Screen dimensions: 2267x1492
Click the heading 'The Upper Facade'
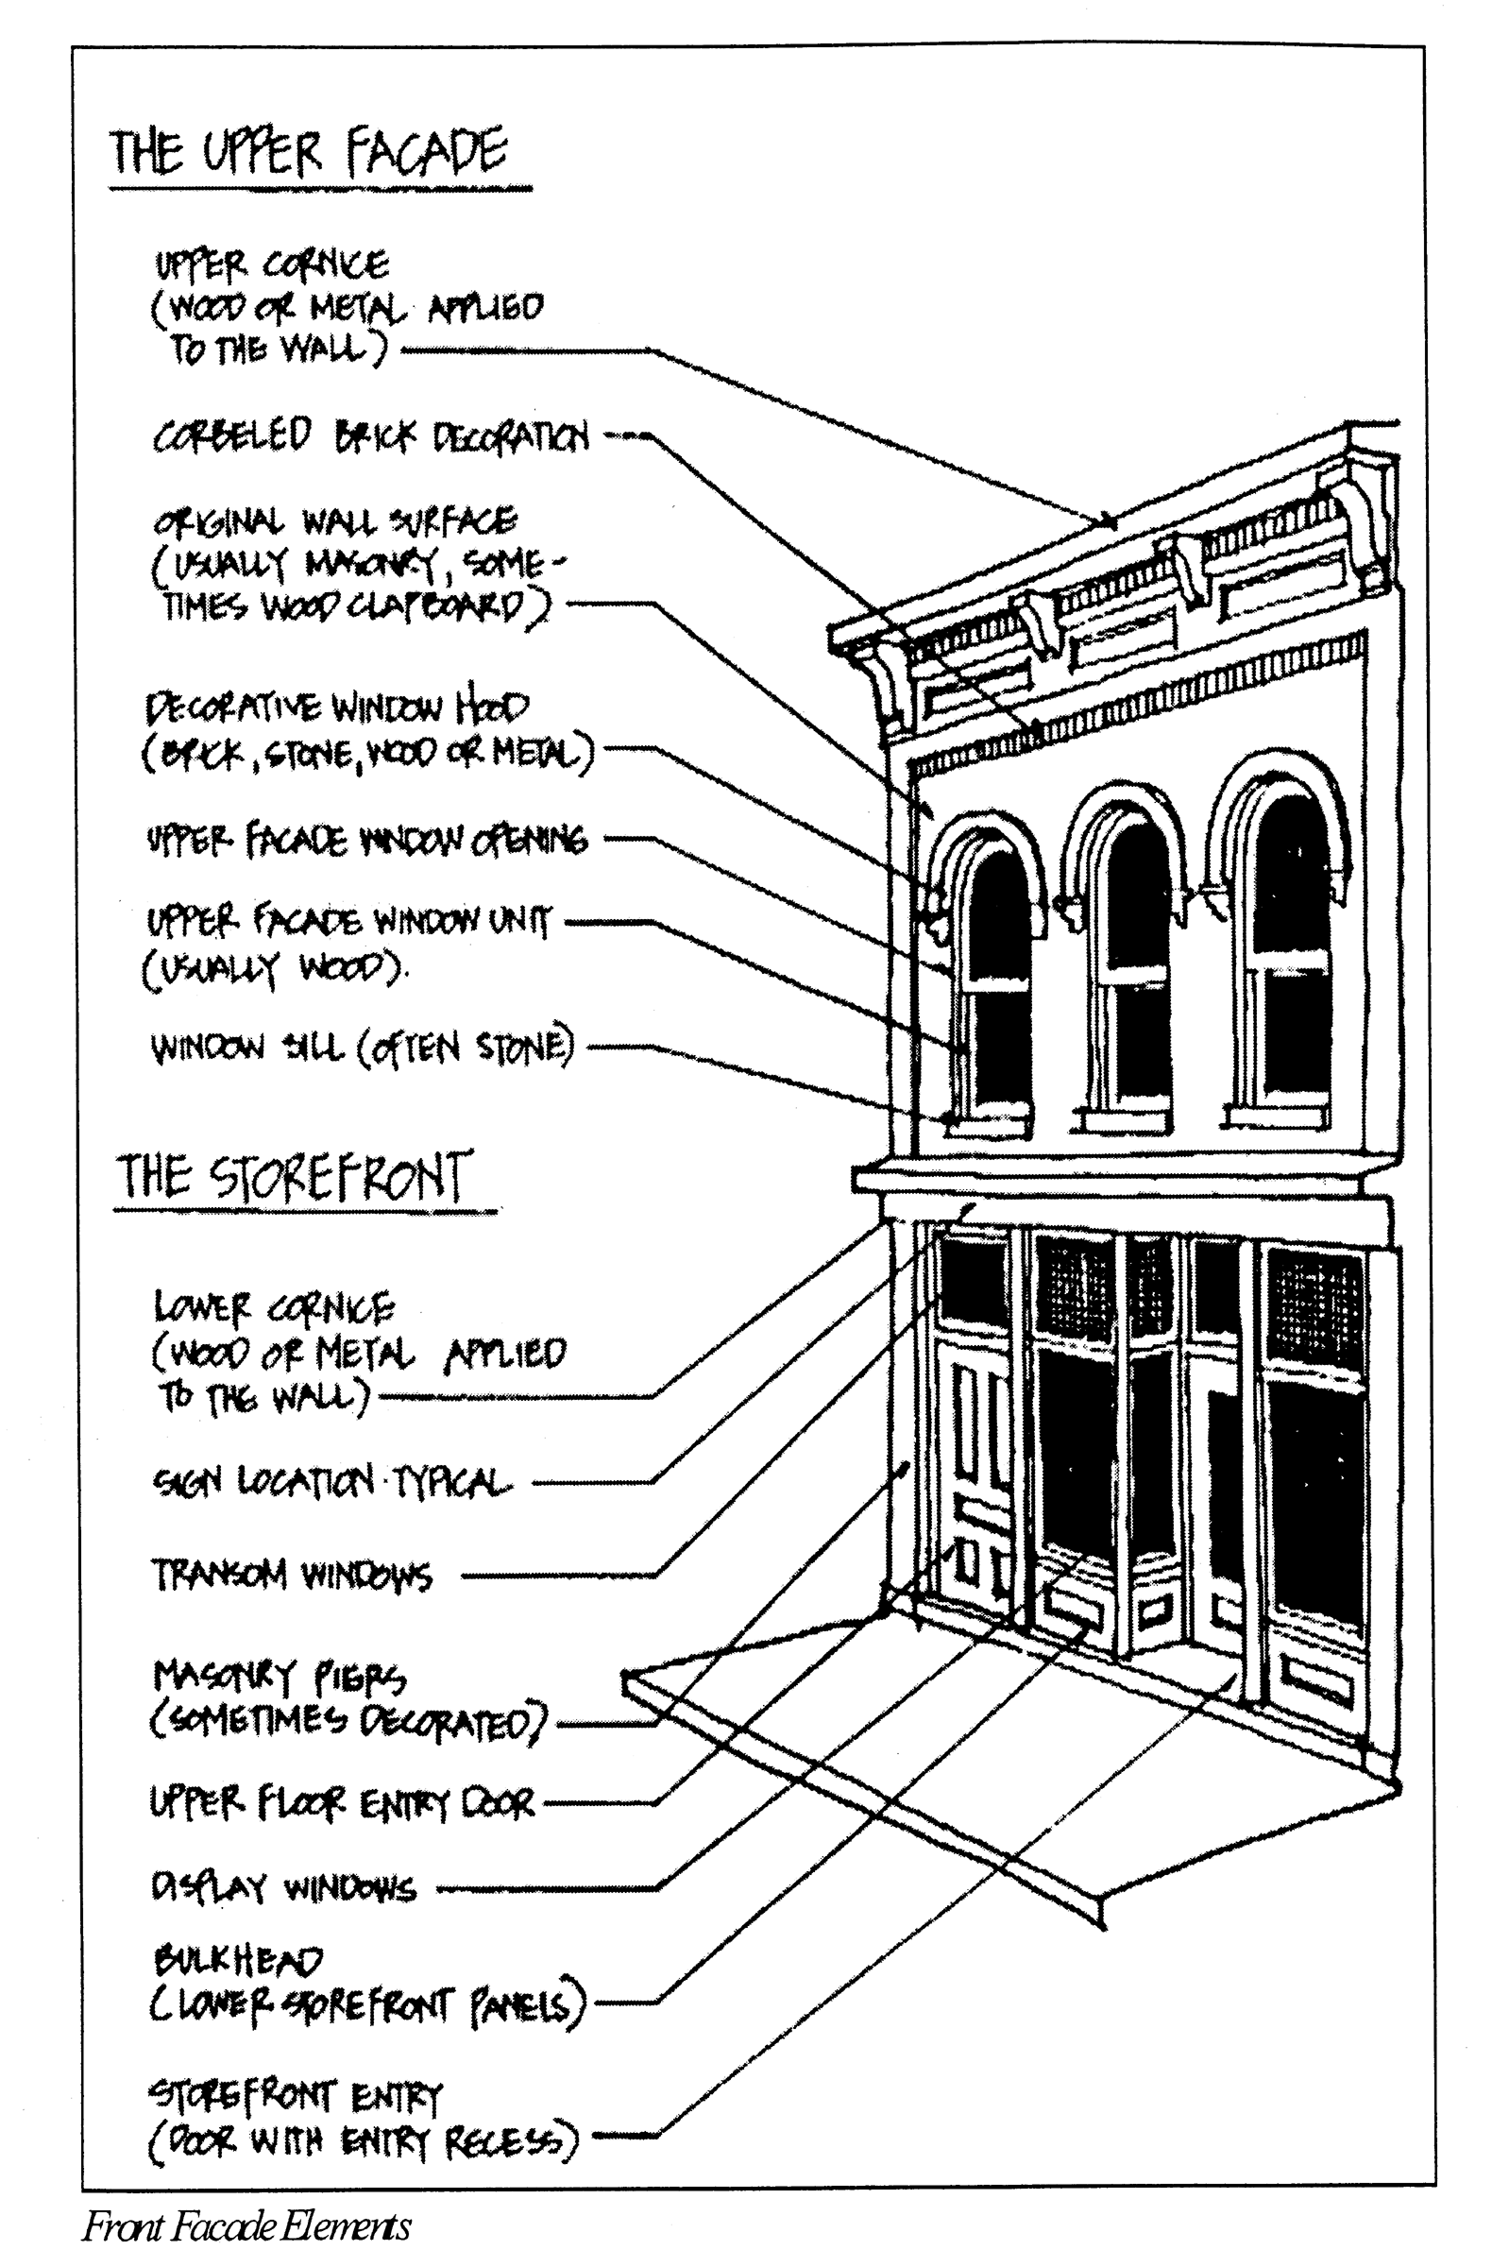(310, 152)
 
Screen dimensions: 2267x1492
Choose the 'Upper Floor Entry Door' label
(343, 1802)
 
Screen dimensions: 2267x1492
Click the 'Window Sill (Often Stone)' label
(363, 1048)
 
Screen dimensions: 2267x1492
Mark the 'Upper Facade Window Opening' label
(366, 840)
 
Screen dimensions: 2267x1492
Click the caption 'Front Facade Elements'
(246, 2226)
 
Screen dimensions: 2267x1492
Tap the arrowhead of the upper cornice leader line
(1109, 522)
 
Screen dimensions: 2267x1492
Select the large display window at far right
(1315, 1486)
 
